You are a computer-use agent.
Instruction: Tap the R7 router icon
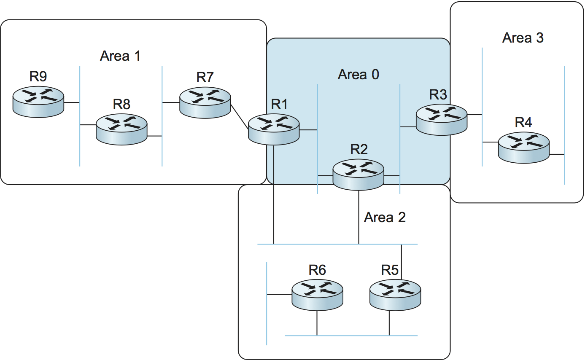(x=205, y=102)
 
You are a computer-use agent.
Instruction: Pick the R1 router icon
(x=273, y=129)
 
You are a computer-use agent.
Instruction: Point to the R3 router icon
(x=442, y=119)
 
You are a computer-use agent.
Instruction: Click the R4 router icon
(x=524, y=147)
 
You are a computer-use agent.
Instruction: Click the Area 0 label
(x=358, y=75)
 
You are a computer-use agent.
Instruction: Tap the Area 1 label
(x=120, y=56)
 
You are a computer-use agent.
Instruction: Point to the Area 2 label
(x=385, y=218)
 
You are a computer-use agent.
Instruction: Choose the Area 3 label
(x=523, y=38)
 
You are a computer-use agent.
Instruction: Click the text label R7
(x=205, y=78)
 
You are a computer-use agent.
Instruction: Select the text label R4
(x=523, y=123)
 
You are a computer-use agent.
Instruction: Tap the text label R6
(x=317, y=270)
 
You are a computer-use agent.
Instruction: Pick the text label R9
(x=38, y=76)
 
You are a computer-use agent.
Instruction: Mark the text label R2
(x=359, y=149)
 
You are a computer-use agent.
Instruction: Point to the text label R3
(x=438, y=95)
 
